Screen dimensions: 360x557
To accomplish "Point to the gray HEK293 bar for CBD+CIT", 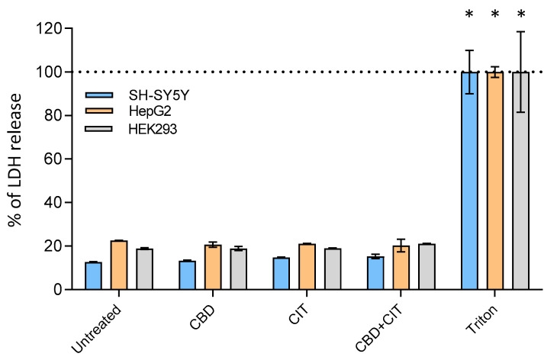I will (x=426, y=267).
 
